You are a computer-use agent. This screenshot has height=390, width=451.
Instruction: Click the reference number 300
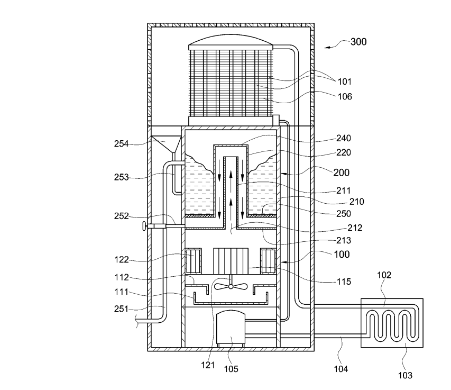pyautogui.click(x=358, y=42)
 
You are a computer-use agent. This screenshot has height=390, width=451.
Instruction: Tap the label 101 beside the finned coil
pyautogui.click(x=344, y=81)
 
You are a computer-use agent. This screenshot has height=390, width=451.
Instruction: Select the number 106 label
pyautogui.click(x=345, y=96)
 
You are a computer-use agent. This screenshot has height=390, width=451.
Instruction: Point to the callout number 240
pyautogui.click(x=344, y=138)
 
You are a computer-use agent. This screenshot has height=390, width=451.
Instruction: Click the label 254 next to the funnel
pyautogui.click(x=122, y=143)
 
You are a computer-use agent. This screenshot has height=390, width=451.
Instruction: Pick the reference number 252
pyautogui.click(x=122, y=216)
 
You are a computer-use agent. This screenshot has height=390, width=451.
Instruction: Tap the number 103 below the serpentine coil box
pyautogui.click(x=405, y=375)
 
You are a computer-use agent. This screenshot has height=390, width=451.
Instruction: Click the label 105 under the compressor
pyautogui.click(x=231, y=369)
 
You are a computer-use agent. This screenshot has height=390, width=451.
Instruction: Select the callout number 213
pyautogui.click(x=344, y=240)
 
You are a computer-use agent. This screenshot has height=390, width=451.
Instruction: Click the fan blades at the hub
pyautogui.click(x=231, y=286)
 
